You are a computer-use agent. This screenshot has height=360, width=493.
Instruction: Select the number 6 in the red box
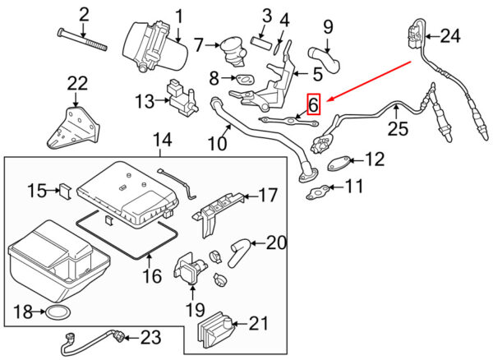click(x=313, y=104)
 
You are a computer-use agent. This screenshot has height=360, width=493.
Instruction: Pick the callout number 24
click(x=449, y=36)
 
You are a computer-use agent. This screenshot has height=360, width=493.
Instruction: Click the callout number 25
click(x=399, y=129)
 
